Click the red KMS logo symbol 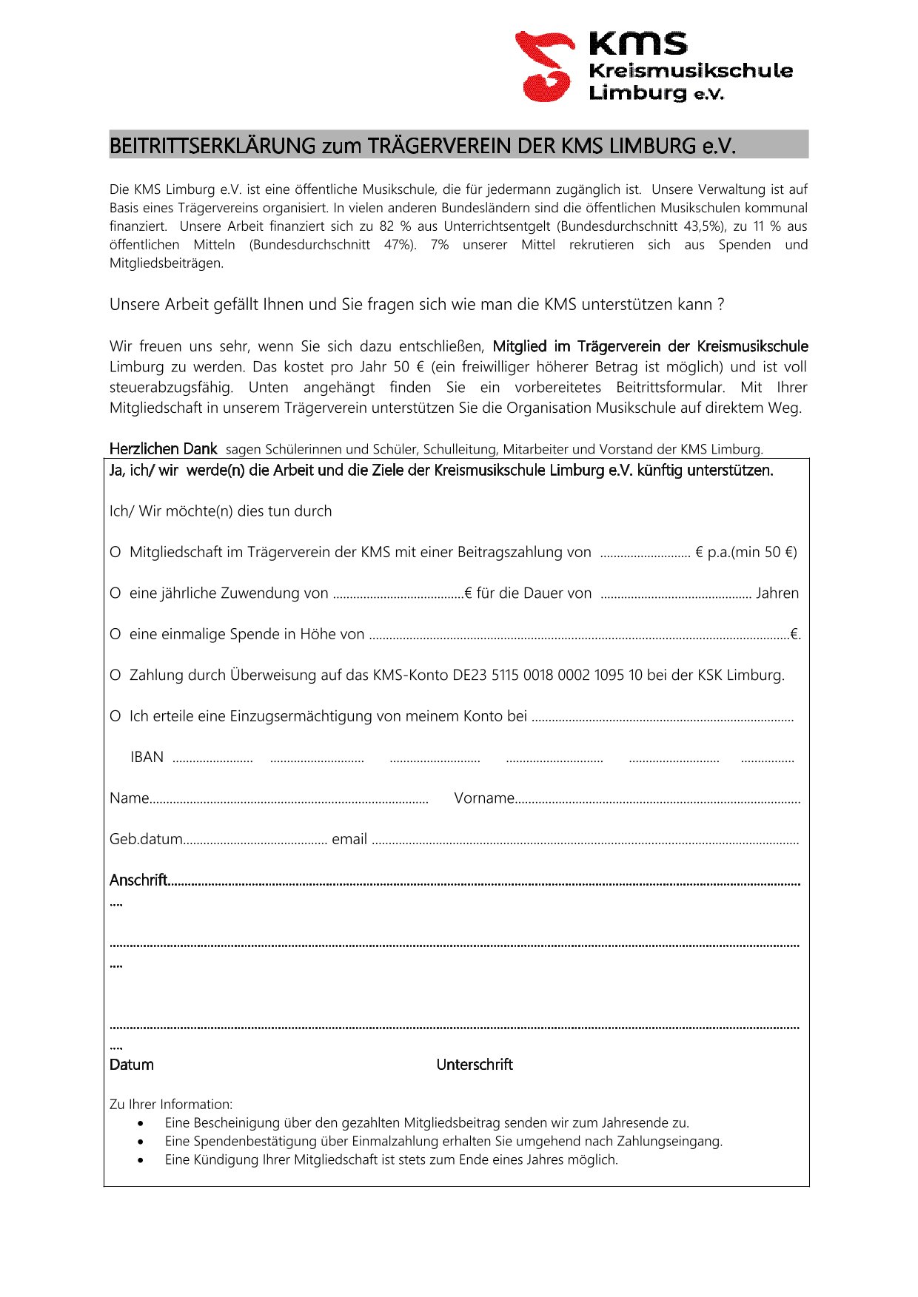(546, 66)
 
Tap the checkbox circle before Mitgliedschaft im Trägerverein (115, 553)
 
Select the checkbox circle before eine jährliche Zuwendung (115, 593)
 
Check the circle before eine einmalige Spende (115, 635)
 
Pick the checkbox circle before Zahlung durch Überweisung (115, 676)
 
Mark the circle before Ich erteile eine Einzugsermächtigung (115, 716)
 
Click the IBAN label (147, 758)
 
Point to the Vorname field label (484, 798)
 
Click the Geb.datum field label (146, 840)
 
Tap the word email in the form (349, 840)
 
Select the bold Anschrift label (138, 880)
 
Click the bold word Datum (132, 1065)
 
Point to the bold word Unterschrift (475, 1065)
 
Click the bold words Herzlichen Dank (163, 449)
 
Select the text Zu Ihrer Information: (171, 1105)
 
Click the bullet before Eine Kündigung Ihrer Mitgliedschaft (141, 1160)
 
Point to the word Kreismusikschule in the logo (690, 71)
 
